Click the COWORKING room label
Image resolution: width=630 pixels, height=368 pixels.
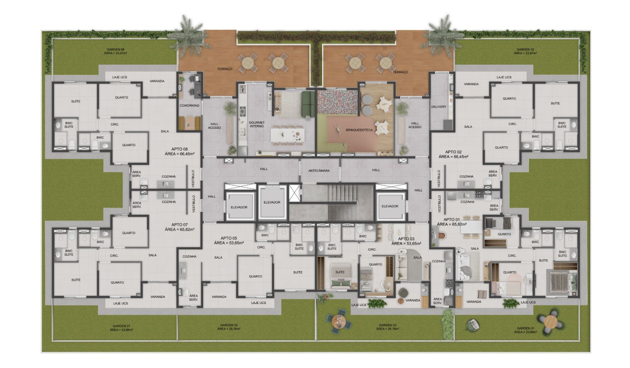click(189, 105)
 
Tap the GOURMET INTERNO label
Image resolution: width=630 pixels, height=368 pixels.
click(257, 124)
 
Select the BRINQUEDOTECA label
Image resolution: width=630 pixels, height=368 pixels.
click(359, 130)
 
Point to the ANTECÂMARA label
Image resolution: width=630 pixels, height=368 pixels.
click(319, 171)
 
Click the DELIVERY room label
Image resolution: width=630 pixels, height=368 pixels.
click(439, 107)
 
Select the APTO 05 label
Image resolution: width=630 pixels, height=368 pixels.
click(229, 238)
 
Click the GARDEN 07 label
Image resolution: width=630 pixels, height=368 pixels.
click(121, 326)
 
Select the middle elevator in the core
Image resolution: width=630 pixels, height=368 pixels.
click(272, 202)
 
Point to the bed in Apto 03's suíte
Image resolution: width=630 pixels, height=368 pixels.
click(340, 279)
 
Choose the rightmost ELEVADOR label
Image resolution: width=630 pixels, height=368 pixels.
click(390, 206)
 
